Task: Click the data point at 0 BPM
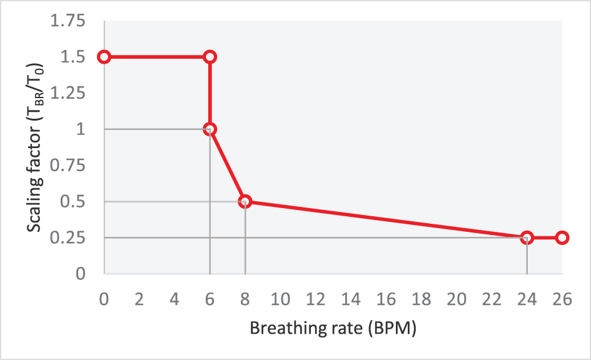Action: pyautogui.click(x=104, y=57)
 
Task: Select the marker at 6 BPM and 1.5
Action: pyautogui.click(x=210, y=57)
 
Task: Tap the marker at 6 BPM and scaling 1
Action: pyautogui.click(x=210, y=129)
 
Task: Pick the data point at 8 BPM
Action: pyautogui.click(x=245, y=201)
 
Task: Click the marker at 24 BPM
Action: pyautogui.click(x=527, y=237)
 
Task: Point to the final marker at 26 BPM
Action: pyautogui.click(x=562, y=237)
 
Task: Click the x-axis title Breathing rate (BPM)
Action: pyautogui.click(x=333, y=328)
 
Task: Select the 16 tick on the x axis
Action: pyautogui.click(x=386, y=299)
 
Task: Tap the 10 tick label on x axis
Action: pyautogui.click(x=281, y=299)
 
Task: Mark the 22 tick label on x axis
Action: pyautogui.click(x=492, y=299)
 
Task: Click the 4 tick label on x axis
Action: pyautogui.click(x=175, y=299)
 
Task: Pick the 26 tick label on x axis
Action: pyautogui.click(x=562, y=299)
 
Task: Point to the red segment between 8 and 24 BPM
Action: pyautogui.click(x=386, y=219)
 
